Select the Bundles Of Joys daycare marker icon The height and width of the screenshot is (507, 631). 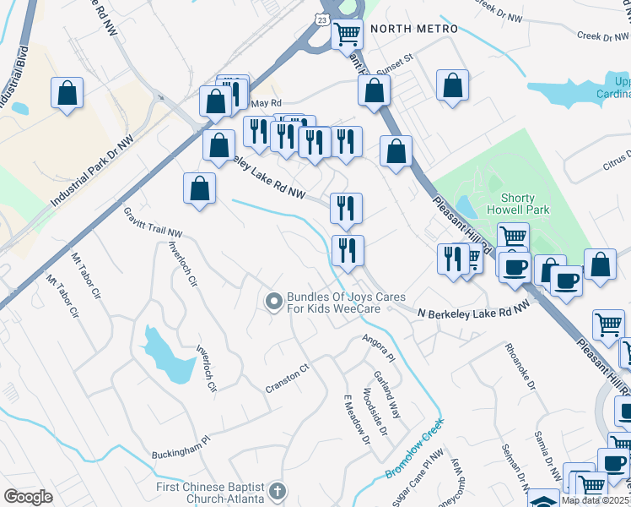(273, 301)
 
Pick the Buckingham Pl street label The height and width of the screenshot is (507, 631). (179, 447)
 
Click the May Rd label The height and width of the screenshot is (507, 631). (264, 104)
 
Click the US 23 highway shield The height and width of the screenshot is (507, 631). (324, 18)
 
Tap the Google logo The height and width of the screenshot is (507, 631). (28, 496)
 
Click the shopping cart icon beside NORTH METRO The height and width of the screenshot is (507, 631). (347, 34)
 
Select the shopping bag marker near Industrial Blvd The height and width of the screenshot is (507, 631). (67, 93)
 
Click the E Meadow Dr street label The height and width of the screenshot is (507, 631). (355, 419)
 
